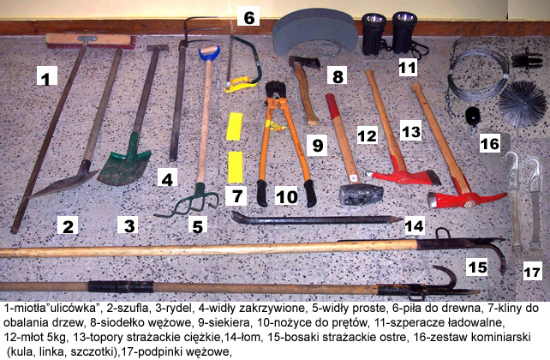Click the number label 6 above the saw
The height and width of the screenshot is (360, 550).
click(x=248, y=16)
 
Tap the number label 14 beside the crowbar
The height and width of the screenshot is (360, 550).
click(x=415, y=225)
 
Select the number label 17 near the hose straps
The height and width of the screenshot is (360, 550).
click(x=532, y=271)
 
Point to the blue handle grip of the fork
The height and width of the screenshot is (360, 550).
click(x=209, y=54)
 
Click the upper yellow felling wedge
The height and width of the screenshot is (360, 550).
click(x=235, y=126)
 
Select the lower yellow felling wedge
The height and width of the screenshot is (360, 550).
click(x=235, y=167)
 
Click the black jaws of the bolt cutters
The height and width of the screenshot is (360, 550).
click(x=275, y=91)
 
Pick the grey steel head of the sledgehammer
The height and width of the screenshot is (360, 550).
click(x=361, y=194)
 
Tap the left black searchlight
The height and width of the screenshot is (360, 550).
click(x=374, y=34)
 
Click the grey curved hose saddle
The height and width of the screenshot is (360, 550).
click(x=314, y=33)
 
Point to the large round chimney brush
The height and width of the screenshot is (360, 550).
click(x=523, y=103)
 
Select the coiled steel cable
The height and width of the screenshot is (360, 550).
click(x=478, y=75)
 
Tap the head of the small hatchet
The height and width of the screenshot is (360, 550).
click(x=304, y=63)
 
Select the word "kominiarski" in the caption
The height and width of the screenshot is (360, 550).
click(x=500, y=337)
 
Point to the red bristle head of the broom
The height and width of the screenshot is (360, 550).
click(x=90, y=41)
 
